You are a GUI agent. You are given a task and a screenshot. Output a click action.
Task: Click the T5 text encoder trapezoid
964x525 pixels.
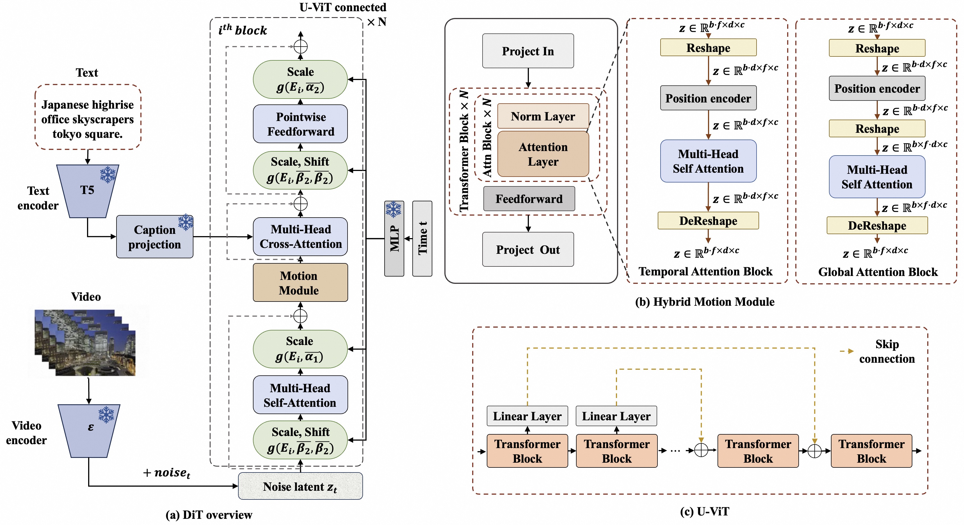click(x=88, y=191)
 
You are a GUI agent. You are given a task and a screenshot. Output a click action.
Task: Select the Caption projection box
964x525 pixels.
click(x=155, y=236)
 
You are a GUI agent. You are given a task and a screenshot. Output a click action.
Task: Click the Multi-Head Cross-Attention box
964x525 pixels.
click(x=300, y=236)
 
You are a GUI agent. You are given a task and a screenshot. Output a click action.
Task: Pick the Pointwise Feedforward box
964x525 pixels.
click(x=300, y=124)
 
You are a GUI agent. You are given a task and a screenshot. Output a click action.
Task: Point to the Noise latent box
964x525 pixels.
click(x=300, y=486)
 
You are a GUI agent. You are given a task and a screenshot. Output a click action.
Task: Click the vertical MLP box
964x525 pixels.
click(x=394, y=238)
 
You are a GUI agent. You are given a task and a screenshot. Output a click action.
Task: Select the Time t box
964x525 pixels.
click(x=422, y=238)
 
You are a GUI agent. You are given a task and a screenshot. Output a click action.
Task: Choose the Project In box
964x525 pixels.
click(x=528, y=51)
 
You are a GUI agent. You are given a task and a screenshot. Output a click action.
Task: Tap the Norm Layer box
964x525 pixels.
click(x=543, y=117)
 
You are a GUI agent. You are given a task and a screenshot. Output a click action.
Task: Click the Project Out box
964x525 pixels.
click(x=528, y=249)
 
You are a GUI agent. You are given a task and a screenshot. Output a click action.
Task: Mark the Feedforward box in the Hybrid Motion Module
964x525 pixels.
click(x=529, y=199)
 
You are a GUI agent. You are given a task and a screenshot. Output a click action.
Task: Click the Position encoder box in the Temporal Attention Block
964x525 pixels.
click(x=709, y=98)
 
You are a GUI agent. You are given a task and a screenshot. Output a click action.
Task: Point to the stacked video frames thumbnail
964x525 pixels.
click(x=85, y=343)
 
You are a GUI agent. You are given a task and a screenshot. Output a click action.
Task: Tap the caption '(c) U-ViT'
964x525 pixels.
click(x=704, y=511)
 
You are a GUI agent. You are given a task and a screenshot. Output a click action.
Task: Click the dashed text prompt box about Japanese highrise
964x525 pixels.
click(x=88, y=117)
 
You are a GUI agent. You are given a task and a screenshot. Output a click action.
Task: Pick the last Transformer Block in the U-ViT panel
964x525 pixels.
click(x=872, y=451)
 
